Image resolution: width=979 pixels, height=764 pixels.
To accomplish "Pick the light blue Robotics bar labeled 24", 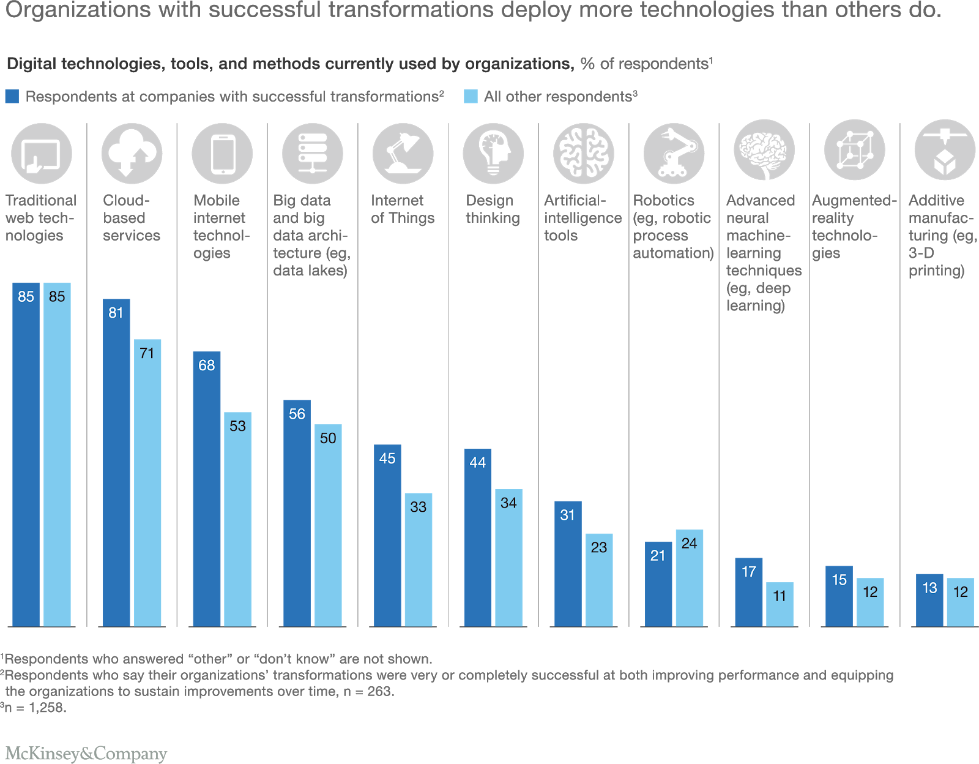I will point(689,578).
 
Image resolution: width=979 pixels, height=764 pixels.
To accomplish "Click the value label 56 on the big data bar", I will point(297,414).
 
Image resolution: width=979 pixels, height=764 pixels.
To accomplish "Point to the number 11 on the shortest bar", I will point(779,596).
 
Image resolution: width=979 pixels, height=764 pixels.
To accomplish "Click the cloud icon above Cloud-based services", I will point(132,153).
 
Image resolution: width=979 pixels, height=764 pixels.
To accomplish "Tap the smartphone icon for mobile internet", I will point(222,153).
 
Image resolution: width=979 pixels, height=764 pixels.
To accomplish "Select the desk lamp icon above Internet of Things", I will point(403,153).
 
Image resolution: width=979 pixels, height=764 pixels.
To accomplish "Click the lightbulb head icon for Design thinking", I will point(493,153).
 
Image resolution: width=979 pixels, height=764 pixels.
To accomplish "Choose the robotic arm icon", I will point(674,153).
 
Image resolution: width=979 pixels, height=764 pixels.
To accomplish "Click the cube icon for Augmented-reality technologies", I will point(854,151).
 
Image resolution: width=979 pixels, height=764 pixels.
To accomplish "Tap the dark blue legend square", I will point(12,97).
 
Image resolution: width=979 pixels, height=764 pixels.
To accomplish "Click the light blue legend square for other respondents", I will point(471,97).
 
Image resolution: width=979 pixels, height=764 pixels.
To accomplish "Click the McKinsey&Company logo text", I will point(86,753).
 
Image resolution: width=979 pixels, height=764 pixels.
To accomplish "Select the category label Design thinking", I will point(492,209).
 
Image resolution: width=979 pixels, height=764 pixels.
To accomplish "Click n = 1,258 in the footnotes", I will point(35,708).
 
